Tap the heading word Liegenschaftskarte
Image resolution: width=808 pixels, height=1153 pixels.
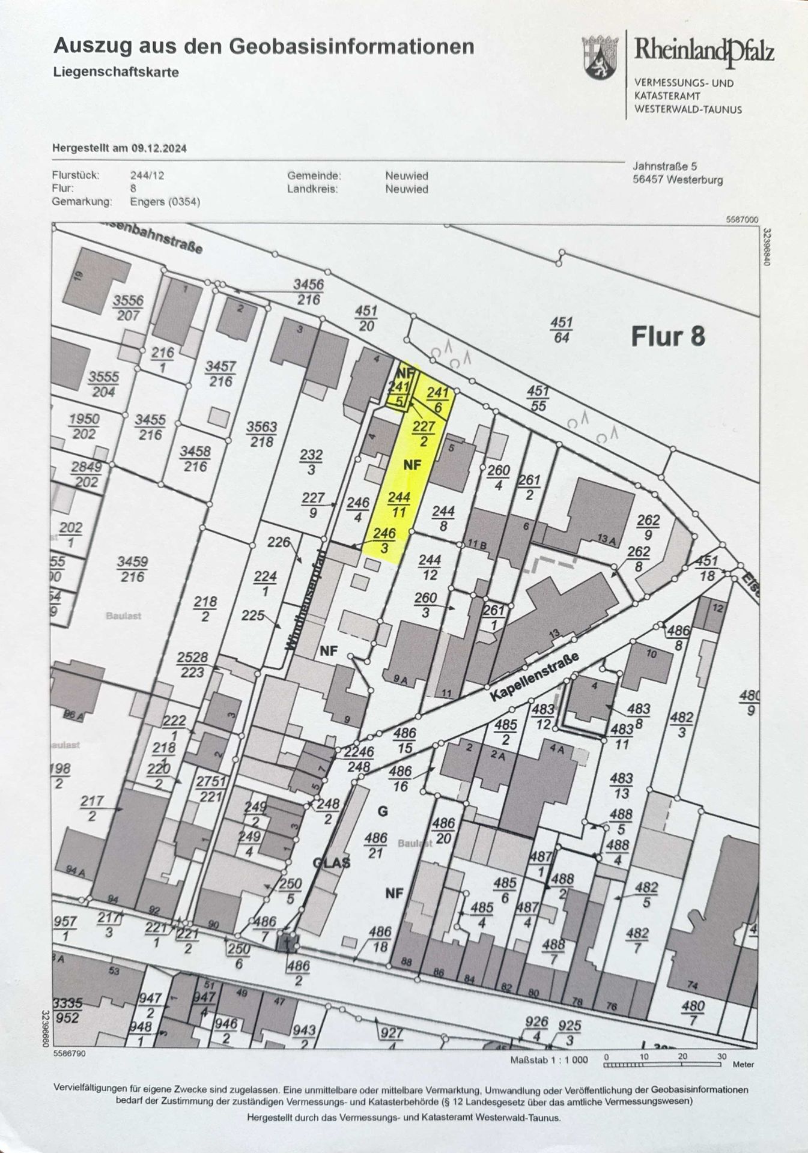pyautogui.click(x=116, y=73)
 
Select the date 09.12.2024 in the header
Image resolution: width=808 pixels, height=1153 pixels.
pyautogui.click(x=159, y=148)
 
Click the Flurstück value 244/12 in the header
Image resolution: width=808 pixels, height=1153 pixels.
pyautogui.click(x=147, y=176)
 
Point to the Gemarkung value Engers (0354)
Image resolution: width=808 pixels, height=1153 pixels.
pyautogui.click(x=165, y=202)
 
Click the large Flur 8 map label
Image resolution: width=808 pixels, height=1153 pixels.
pyautogui.click(x=667, y=336)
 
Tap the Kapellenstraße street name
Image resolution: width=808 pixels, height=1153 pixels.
pyautogui.click(x=535, y=677)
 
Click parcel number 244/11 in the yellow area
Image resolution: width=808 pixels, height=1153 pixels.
pyautogui.click(x=399, y=504)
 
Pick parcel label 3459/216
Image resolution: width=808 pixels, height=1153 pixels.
pyautogui.click(x=132, y=569)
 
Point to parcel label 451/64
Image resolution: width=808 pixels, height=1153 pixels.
pyautogui.click(x=561, y=330)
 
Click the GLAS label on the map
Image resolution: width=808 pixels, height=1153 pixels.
pyautogui.click(x=331, y=863)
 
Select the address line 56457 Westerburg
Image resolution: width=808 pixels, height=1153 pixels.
pyautogui.click(x=678, y=180)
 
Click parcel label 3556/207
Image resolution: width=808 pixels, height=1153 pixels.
pyautogui.click(x=127, y=308)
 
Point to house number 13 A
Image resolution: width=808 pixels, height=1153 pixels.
pyautogui.click(x=607, y=539)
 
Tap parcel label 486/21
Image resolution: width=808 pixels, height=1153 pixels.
pyautogui.click(x=375, y=845)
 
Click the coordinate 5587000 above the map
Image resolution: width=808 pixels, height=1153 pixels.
pyautogui.click(x=742, y=220)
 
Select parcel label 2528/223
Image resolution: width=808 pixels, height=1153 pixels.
pyautogui.click(x=192, y=665)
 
